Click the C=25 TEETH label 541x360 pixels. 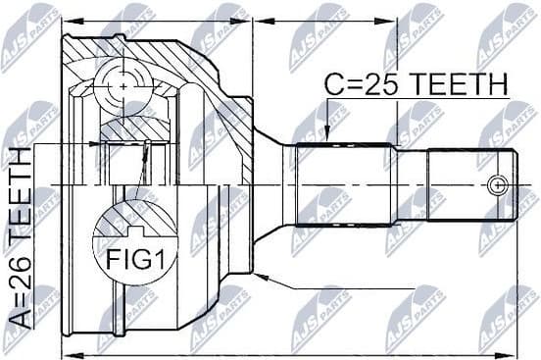pos(416,85)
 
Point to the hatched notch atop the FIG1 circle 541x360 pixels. pos(133,229)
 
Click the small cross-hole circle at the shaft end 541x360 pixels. pos(499,184)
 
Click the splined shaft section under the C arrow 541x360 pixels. pos(348,183)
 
